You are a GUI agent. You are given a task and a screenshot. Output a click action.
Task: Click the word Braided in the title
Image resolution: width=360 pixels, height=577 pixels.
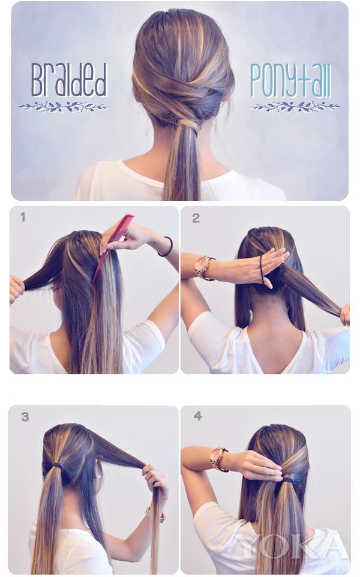[69, 80]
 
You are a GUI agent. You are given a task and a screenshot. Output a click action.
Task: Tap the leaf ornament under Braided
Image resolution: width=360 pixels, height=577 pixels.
[65, 107]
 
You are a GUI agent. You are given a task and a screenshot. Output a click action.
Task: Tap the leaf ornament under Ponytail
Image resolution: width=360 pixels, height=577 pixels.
[294, 107]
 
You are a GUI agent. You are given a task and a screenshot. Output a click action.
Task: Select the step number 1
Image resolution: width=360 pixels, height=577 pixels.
[23, 217]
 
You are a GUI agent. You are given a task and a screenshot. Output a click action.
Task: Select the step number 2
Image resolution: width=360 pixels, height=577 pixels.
[196, 218]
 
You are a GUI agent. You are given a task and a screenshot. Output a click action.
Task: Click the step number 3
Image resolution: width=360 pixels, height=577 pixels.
[25, 417]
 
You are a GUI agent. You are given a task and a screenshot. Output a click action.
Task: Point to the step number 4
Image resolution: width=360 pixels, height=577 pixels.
[197, 416]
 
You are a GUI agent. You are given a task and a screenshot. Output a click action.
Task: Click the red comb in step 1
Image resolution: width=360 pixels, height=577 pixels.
[112, 247]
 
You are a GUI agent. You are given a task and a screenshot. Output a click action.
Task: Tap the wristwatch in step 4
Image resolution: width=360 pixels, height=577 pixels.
[218, 459]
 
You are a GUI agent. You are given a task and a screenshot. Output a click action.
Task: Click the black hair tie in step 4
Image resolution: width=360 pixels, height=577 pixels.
[288, 480]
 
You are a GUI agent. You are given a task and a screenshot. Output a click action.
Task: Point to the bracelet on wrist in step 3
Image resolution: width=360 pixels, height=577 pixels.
[157, 514]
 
